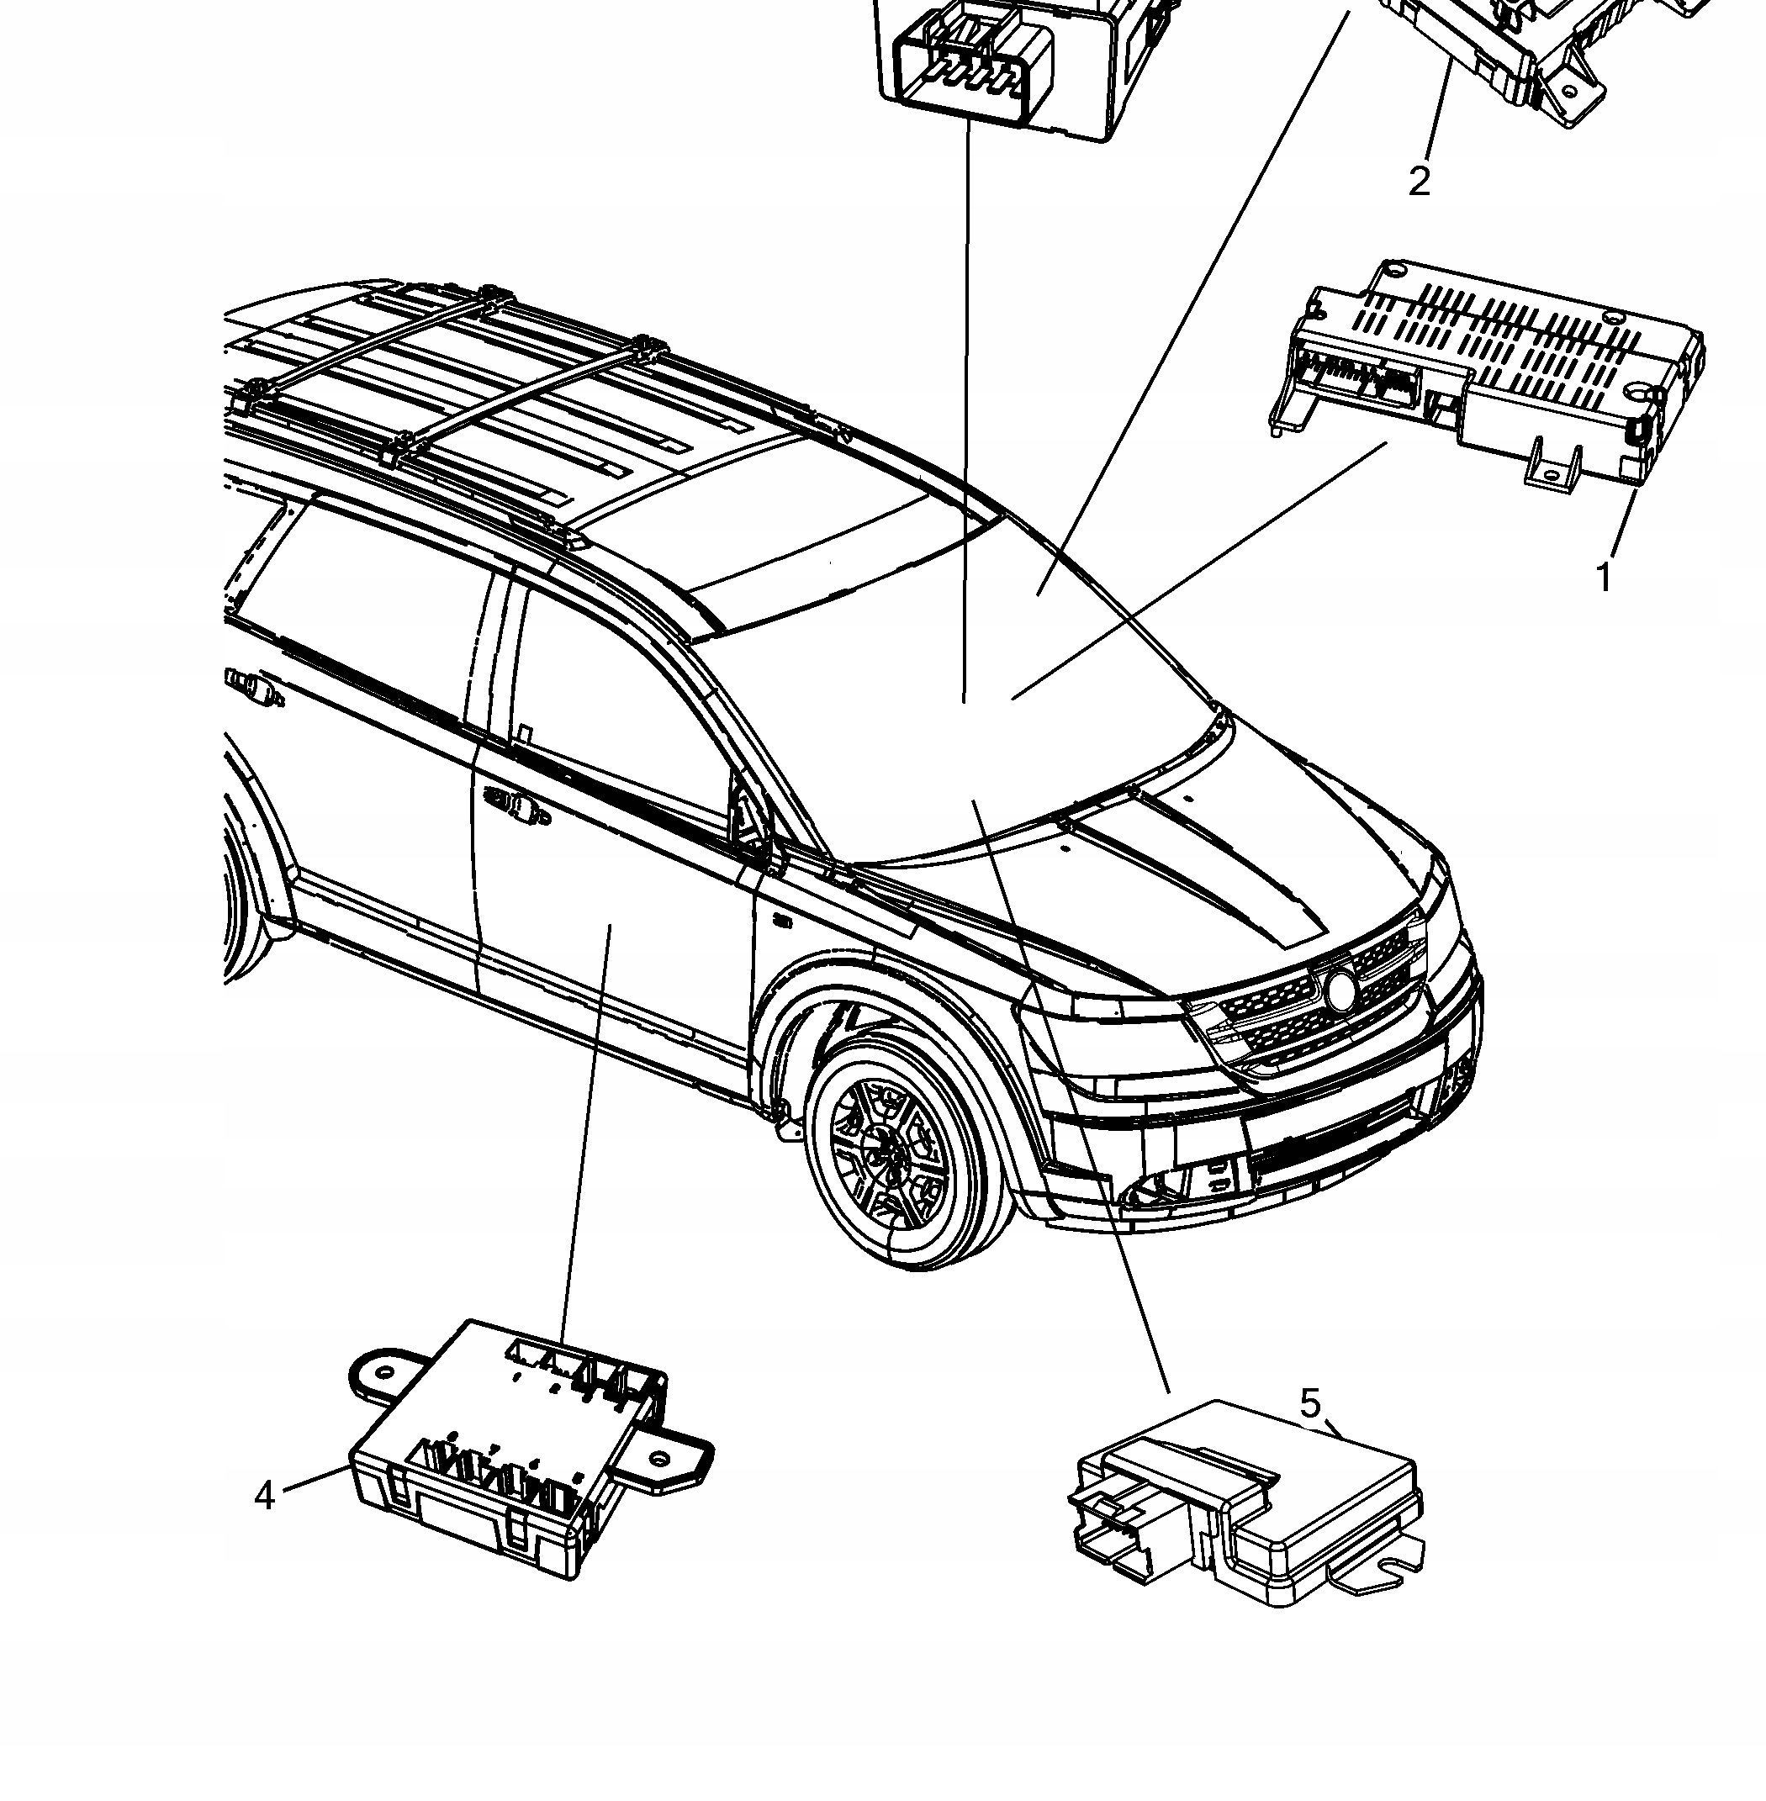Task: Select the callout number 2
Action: pyautogui.click(x=1420, y=181)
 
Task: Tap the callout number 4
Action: pyautogui.click(x=265, y=1495)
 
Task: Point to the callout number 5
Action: pyautogui.click(x=1309, y=1403)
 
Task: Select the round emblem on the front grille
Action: pyautogui.click(x=1340, y=990)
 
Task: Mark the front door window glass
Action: pyautogui.click(x=612, y=705)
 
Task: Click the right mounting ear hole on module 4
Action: pyautogui.click(x=659, y=1459)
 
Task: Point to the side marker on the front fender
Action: pyautogui.click(x=782, y=921)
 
